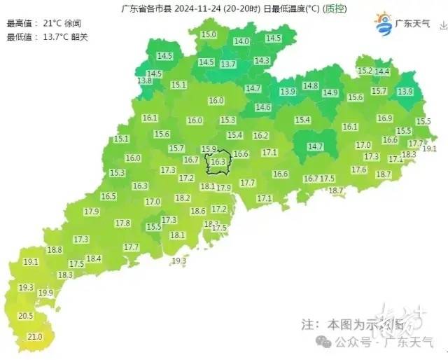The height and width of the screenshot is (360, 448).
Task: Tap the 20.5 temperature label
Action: [26, 317]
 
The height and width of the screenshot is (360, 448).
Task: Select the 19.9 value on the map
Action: [46, 293]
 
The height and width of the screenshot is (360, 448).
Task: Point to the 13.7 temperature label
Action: [228, 64]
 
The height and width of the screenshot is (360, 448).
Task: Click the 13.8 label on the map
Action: [145, 81]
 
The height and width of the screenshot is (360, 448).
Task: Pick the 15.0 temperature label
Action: [209, 34]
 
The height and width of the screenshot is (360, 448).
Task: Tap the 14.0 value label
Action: [241, 42]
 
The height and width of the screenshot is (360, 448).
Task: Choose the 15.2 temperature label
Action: [365, 71]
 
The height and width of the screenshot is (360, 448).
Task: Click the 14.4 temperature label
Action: [382, 71]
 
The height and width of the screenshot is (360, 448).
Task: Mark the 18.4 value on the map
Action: [94, 259]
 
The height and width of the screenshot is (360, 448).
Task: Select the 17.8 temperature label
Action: [122, 223]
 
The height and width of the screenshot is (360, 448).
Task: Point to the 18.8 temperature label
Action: [55, 250]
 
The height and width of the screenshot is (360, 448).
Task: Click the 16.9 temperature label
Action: [384, 119]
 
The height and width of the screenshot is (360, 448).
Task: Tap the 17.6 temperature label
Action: [359, 170]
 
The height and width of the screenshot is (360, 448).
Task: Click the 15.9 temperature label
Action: [209, 149]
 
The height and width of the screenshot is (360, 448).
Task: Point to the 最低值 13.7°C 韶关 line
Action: [48, 36]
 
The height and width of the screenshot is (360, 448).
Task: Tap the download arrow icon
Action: [442, 25]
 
